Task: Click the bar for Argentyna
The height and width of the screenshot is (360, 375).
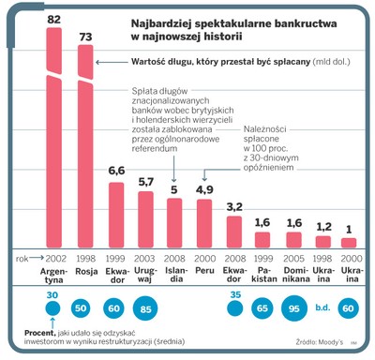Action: point(54,141)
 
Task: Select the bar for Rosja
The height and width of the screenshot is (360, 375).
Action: point(85,150)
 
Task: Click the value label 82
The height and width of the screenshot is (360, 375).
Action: point(54,20)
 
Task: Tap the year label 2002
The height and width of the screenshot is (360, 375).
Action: point(54,257)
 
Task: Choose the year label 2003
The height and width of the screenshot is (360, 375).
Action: point(146,257)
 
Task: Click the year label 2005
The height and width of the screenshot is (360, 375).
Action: point(293,257)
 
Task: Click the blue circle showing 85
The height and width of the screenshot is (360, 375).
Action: point(146,307)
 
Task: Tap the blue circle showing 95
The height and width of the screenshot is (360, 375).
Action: point(293,307)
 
